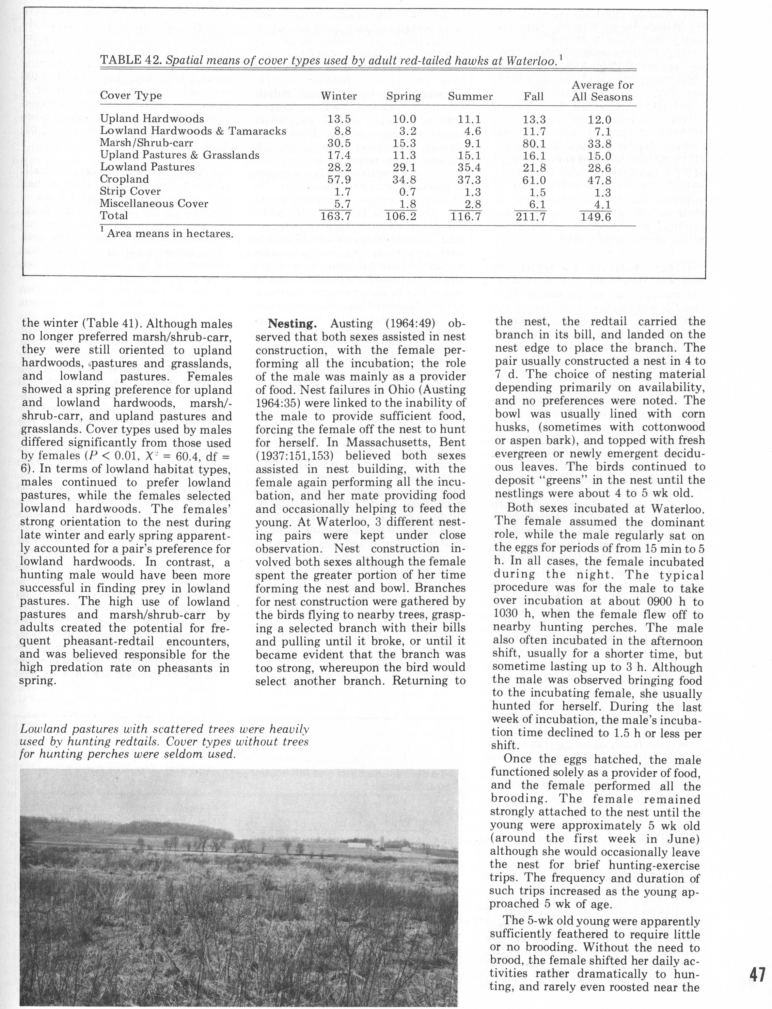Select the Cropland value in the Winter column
[x=339, y=179]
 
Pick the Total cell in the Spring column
[x=401, y=216]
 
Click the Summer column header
[x=470, y=97]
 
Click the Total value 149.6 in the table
[x=596, y=216]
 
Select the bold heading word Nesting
[x=292, y=323]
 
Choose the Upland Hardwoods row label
[x=152, y=119]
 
